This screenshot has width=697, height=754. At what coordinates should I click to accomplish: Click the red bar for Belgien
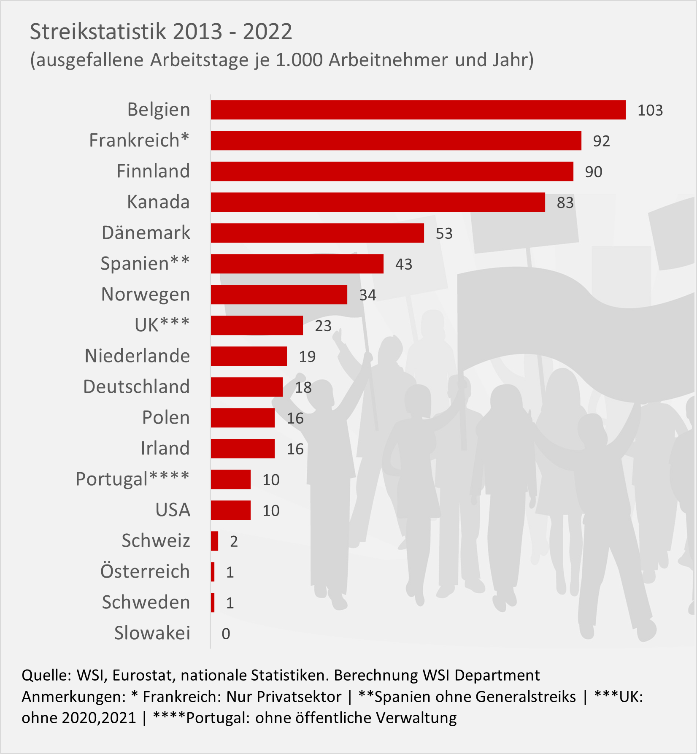418,110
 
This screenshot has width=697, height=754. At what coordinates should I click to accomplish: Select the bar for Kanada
378,202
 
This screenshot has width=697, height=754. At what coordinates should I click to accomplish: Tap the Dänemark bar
317,233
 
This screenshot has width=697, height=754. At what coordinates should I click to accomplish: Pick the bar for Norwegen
279,295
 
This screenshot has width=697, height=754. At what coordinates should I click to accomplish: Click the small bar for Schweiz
215,541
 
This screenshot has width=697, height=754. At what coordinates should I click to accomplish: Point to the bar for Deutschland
247,387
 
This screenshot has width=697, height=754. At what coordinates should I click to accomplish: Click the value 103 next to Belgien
650,111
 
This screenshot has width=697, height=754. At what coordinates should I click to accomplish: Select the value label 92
601,141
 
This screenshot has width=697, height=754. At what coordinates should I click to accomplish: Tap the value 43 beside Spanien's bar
403,265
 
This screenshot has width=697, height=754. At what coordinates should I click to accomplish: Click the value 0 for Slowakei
226,634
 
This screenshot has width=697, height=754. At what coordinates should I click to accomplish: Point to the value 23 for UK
323,326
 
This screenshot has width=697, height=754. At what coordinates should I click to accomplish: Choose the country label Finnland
153,171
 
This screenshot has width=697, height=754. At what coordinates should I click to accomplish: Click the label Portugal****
132,479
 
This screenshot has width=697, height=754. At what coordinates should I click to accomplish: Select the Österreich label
145,572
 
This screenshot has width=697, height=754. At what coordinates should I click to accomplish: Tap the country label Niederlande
138,356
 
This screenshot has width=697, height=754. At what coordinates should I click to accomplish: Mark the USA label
173,510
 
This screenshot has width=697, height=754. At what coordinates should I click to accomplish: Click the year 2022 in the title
267,32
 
